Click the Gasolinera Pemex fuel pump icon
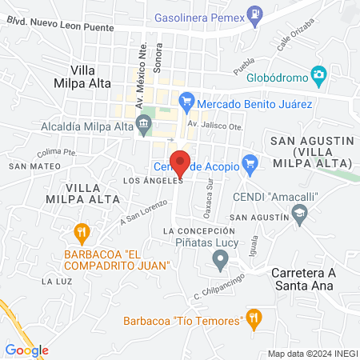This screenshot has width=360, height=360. point(254,13)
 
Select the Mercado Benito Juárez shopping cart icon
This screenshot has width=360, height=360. point(186,102)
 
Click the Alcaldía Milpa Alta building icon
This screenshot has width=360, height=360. point(144,123)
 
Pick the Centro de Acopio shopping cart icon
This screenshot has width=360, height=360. point(249,166)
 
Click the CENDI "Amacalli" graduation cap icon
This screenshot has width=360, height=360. point(299,212)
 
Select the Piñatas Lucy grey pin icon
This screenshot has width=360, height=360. point(222,259)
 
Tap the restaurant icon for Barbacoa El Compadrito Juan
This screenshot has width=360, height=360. point(81,233)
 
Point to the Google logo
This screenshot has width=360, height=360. point(26,350)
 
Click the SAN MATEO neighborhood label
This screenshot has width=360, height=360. point(25,166)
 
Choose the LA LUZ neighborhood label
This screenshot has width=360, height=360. point(58,282)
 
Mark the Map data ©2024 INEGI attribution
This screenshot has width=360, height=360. point(314,354)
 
